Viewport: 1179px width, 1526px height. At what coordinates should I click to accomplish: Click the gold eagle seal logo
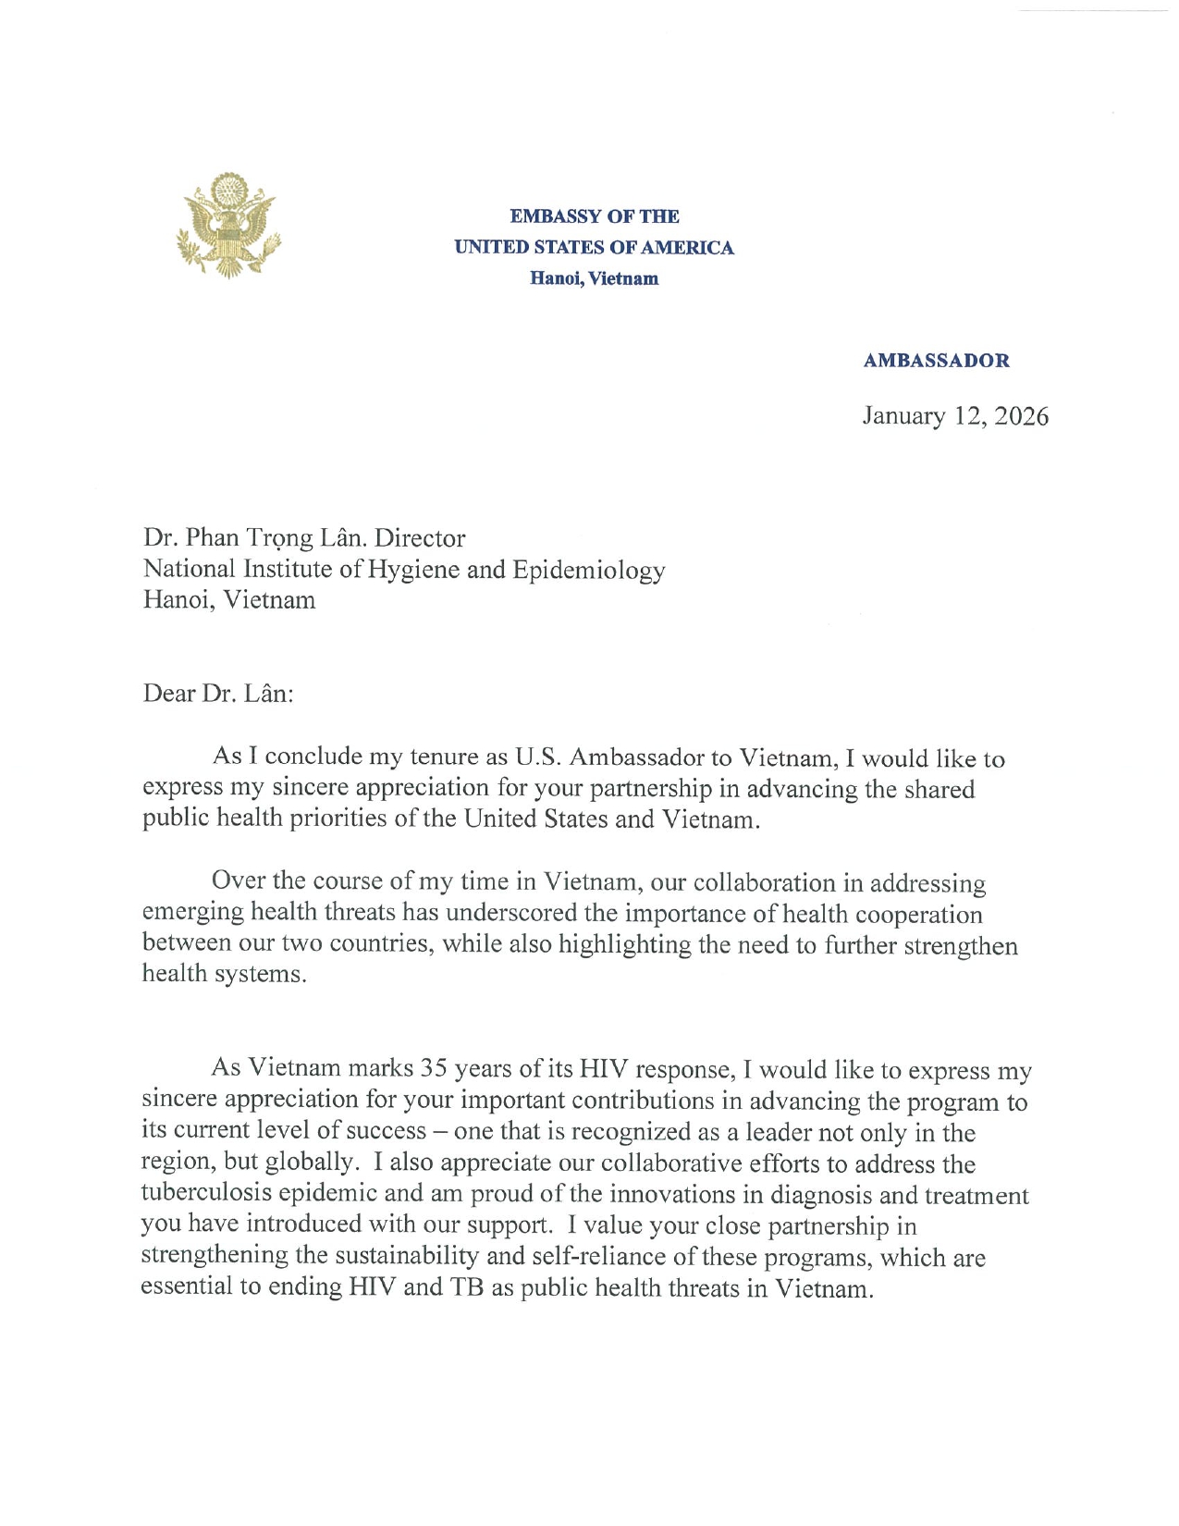(x=228, y=225)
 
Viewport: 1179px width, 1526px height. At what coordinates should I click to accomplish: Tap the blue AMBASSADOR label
(x=936, y=361)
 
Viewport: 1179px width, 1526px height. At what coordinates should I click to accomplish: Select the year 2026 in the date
(x=1022, y=416)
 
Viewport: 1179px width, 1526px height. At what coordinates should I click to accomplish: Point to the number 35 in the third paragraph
(x=434, y=1069)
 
